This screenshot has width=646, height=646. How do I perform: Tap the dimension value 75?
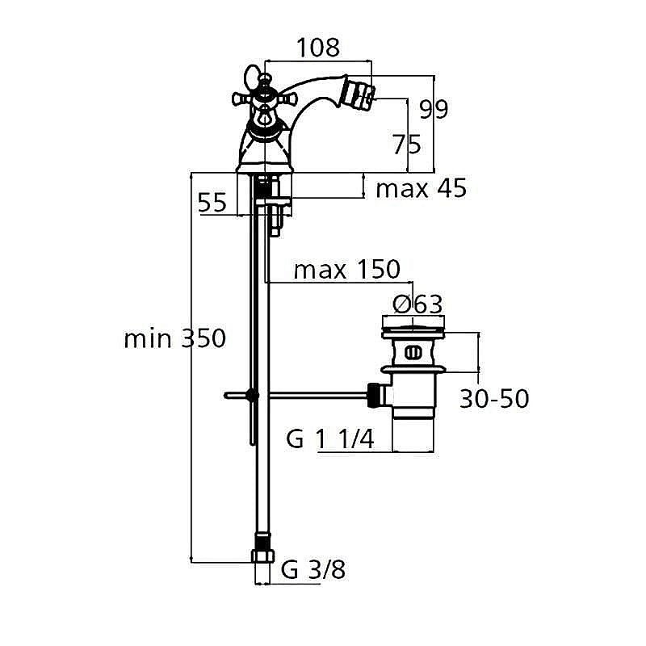click(x=406, y=145)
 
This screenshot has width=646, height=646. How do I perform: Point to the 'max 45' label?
click(x=422, y=189)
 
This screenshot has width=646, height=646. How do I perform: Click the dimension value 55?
click(x=213, y=203)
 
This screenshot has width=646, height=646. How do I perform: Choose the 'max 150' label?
click(x=346, y=269)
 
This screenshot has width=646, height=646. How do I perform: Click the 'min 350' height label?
click(x=174, y=338)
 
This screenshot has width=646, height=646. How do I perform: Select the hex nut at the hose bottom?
click(x=263, y=556)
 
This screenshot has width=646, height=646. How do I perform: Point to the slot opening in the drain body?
click(x=413, y=352)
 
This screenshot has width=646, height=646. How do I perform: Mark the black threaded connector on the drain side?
click(x=373, y=394)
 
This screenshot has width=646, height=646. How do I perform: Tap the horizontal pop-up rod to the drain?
click(x=315, y=395)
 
